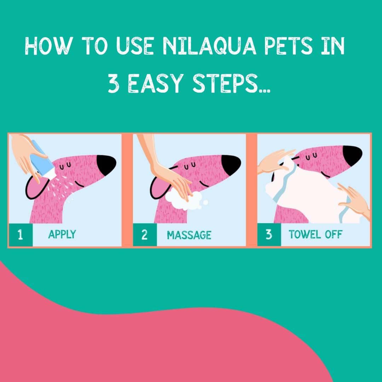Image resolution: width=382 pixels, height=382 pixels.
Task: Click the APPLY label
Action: pyautogui.click(x=62, y=235)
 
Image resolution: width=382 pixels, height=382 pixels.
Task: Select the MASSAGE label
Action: pyautogui.click(x=189, y=235)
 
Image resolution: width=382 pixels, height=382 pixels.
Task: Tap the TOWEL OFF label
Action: pyautogui.click(x=315, y=235)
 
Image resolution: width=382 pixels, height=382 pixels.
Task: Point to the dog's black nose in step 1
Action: pyautogui.click(x=106, y=163)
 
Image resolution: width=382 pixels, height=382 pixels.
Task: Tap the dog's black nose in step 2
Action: pyautogui.click(x=231, y=163)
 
